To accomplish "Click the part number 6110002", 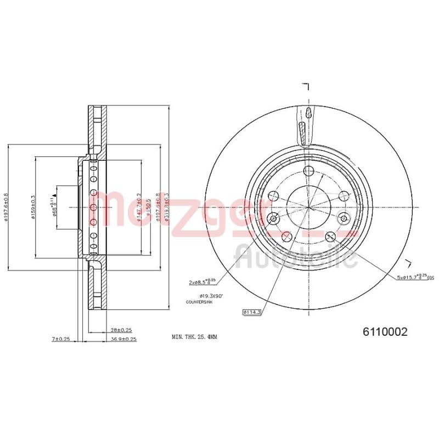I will tap(384, 332).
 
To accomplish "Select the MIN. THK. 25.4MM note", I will tap(195, 336).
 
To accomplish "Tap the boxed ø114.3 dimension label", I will tap(252, 313).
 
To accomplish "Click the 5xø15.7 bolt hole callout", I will tap(415, 278).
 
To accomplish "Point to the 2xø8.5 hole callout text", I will tap(201, 283).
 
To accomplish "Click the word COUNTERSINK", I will tap(198, 302).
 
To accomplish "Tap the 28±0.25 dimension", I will tap(121, 330).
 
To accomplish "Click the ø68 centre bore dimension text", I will tap(55, 206).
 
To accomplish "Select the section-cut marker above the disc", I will tap(307, 86).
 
